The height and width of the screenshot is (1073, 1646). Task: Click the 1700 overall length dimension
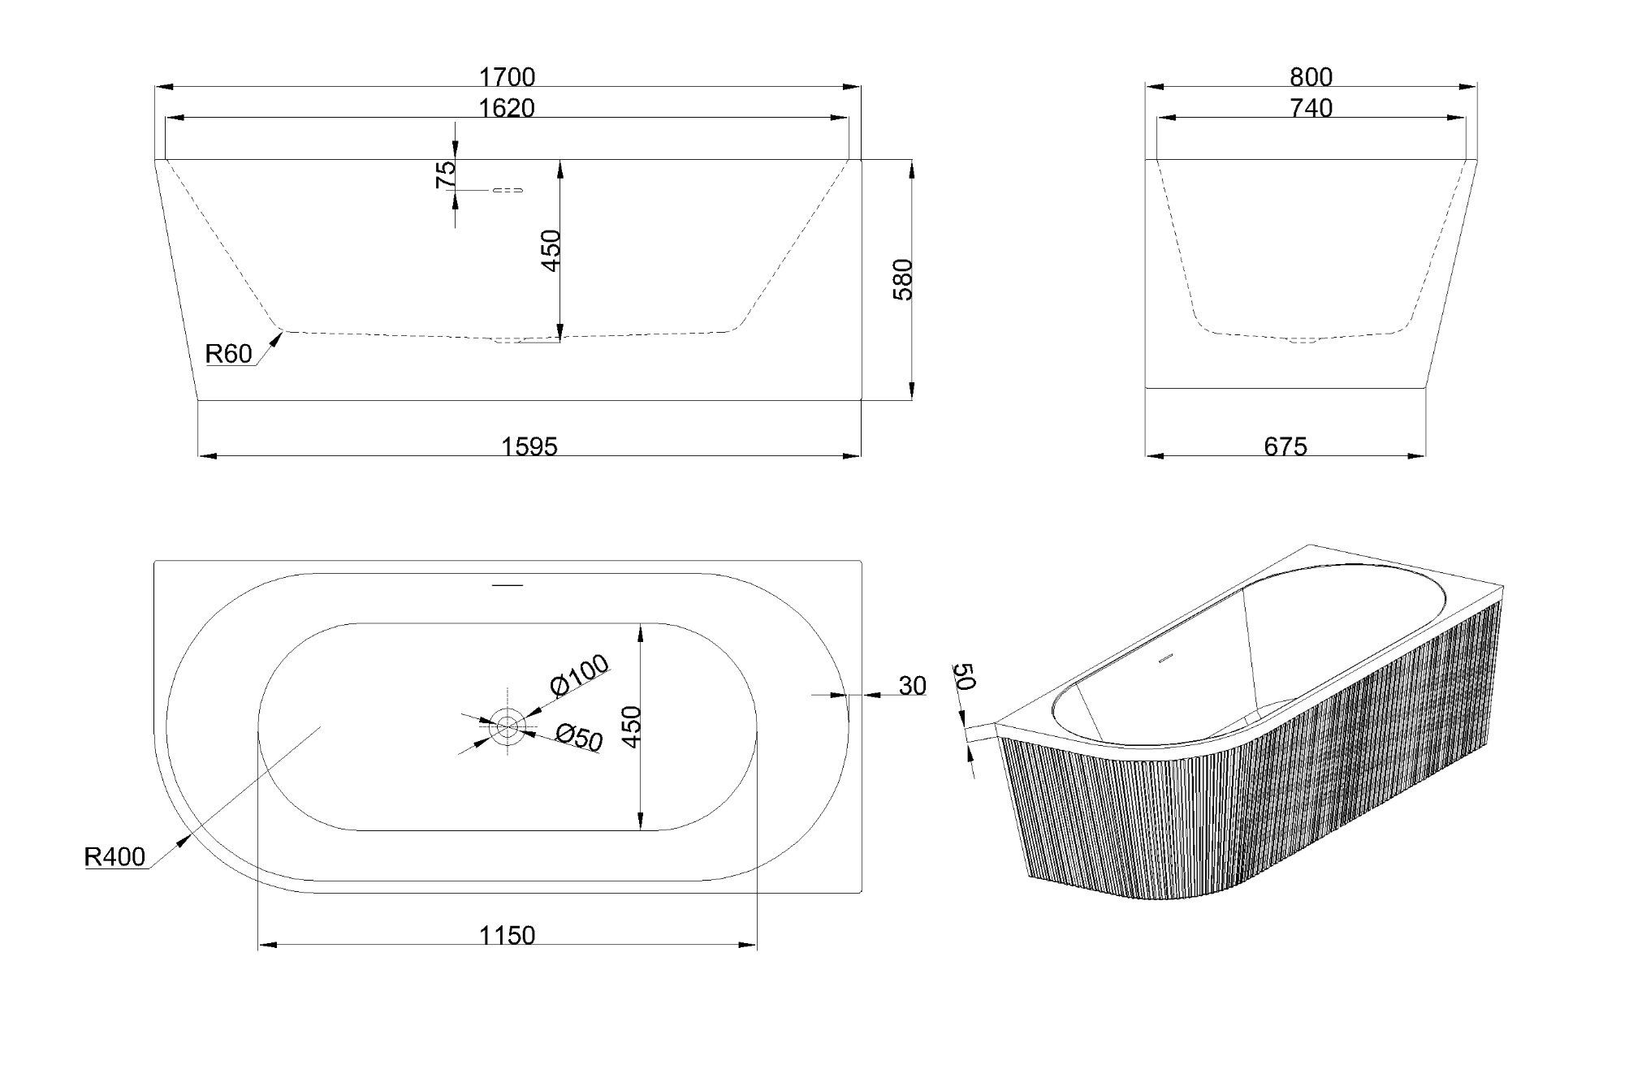click(507, 76)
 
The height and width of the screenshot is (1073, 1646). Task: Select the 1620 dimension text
click(507, 108)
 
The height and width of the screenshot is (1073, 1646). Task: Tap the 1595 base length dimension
click(529, 446)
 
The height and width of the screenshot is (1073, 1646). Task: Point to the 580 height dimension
click(903, 279)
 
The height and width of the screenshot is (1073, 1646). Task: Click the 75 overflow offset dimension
click(446, 175)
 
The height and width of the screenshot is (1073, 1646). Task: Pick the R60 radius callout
click(228, 354)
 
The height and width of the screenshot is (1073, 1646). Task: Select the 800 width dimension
click(1311, 76)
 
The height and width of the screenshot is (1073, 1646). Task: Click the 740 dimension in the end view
click(1311, 108)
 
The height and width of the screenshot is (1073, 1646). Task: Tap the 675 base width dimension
click(1285, 446)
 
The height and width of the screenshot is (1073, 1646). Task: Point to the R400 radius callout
click(114, 857)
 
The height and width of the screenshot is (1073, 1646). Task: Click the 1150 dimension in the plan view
click(507, 936)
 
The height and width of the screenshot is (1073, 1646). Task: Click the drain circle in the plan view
click(508, 726)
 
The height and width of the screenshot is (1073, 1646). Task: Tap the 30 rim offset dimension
click(912, 686)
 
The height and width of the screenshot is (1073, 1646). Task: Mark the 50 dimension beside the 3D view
click(964, 676)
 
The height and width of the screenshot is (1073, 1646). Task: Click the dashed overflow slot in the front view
click(508, 190)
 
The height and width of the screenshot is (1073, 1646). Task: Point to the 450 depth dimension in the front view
click(551, 251)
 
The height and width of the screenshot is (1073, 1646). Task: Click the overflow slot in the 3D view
click(1166, 658)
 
